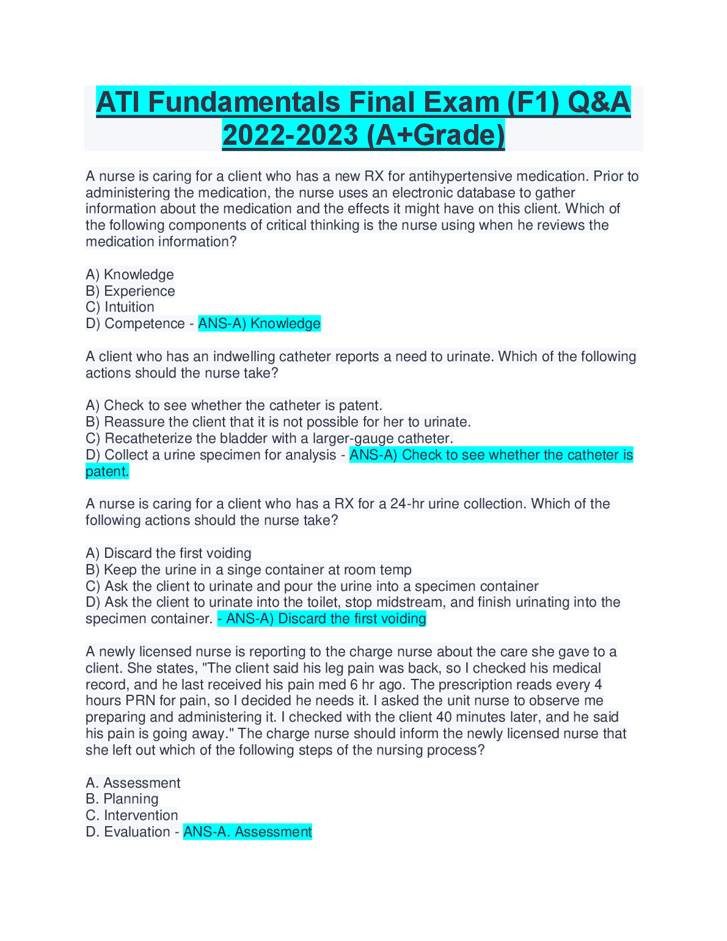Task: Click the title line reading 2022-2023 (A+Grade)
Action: pos(364,135)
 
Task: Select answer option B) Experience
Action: pos(131,291)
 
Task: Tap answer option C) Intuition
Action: pos(120,307)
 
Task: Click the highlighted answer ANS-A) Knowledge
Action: pos(259,324)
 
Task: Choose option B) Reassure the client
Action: pos(279,422)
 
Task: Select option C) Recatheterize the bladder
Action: pos(269,439)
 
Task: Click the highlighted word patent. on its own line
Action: pos(108,472)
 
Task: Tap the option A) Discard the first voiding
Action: pos(169,554)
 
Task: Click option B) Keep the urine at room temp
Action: pos(249,570)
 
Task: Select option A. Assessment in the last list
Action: pos(133,783)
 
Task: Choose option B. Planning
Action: pos(122,799)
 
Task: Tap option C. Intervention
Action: pos(132,816)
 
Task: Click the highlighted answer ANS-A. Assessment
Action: pos(247,832)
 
